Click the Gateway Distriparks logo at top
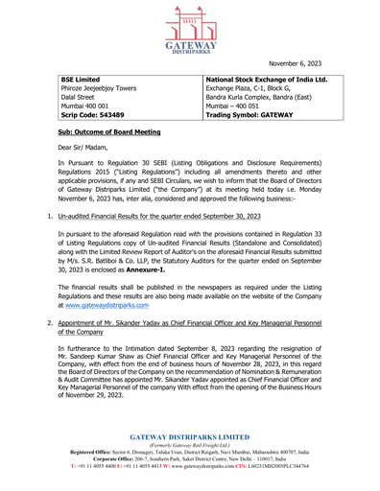pos(190,31)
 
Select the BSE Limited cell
pos(80,80)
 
